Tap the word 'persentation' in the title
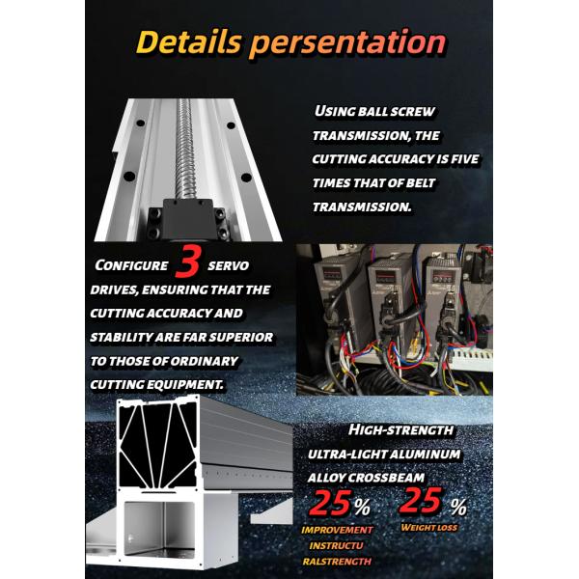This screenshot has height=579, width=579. click(348, 41)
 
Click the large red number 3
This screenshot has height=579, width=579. click(189, 263)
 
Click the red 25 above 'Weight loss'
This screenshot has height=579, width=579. click(422, 502)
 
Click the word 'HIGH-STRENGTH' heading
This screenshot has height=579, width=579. click(400, 429)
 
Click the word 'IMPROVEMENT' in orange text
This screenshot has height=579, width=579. click(336, 530)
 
